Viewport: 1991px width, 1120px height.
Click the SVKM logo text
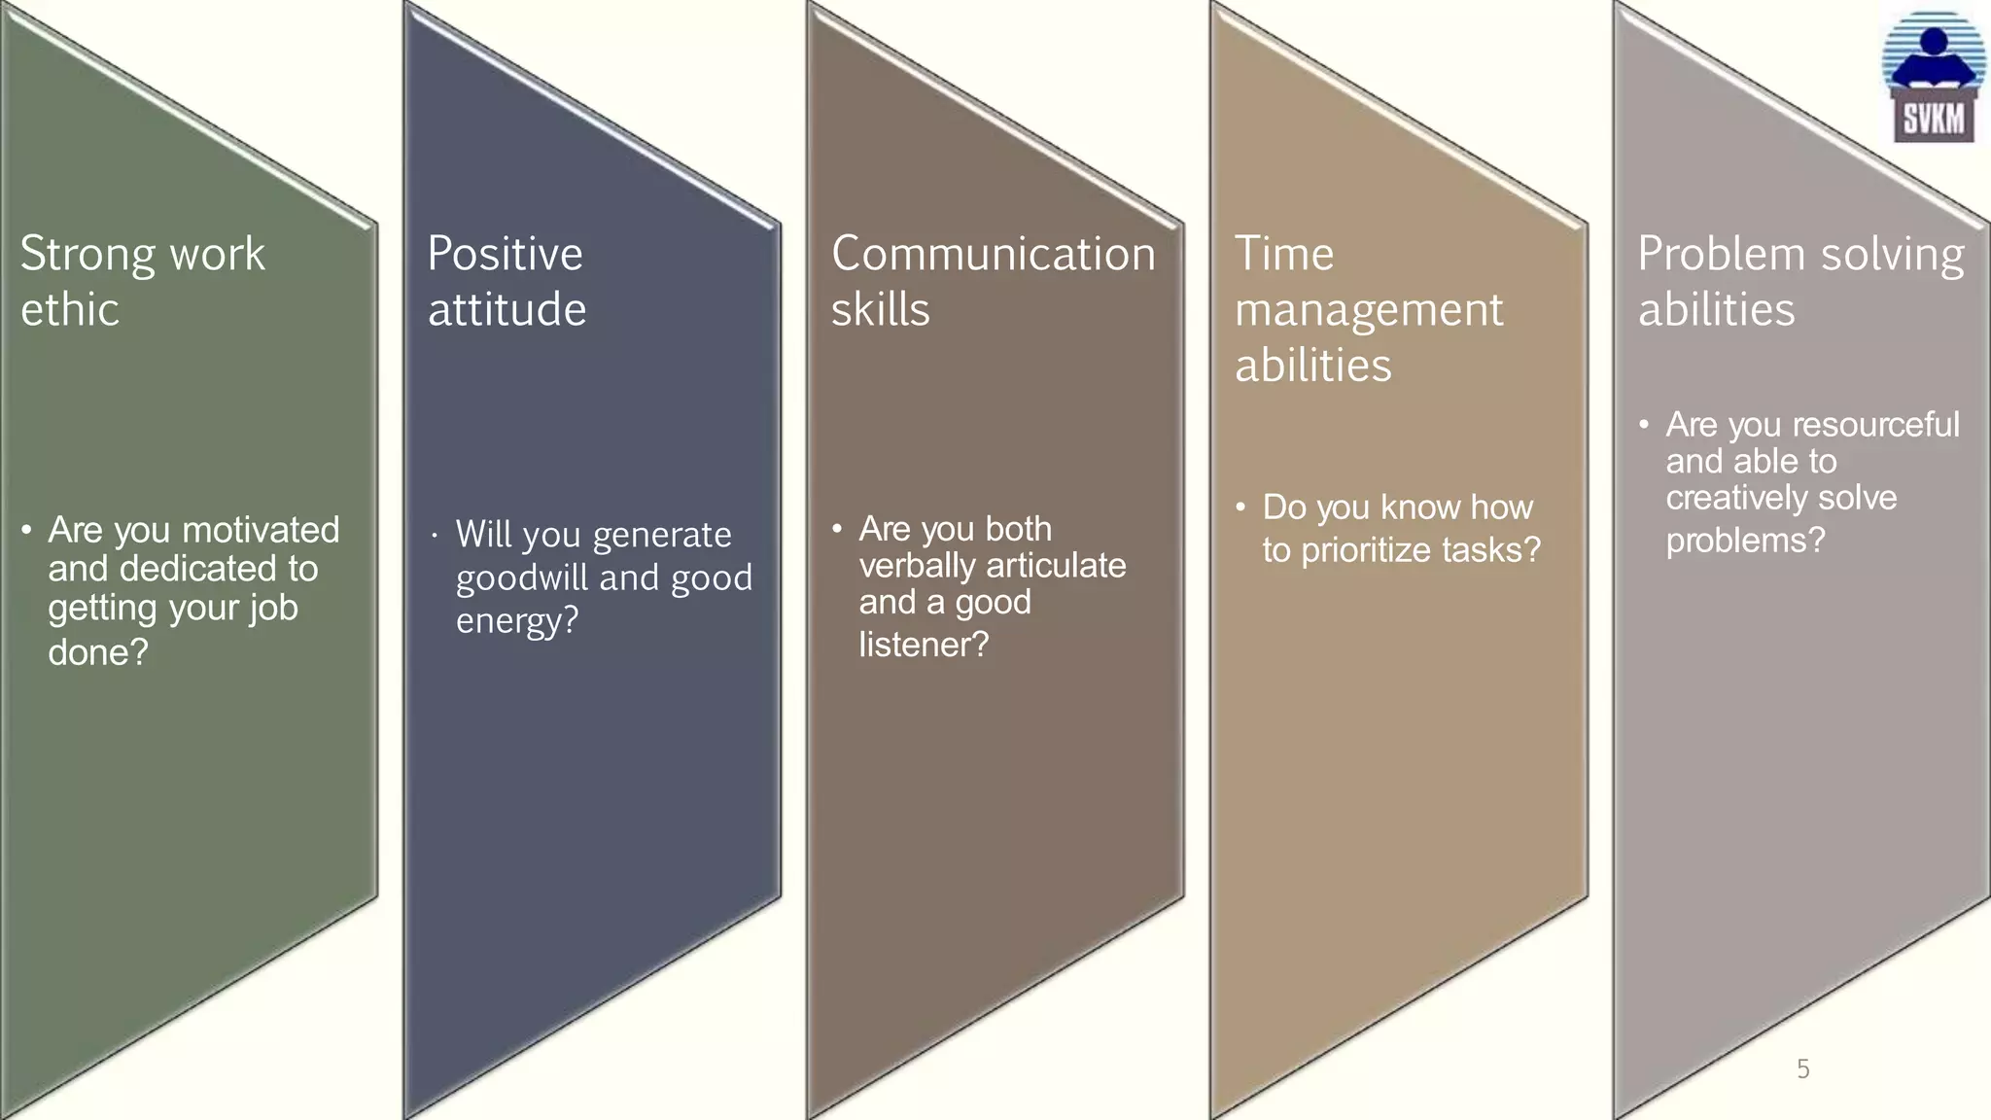click(x=1934, y=120)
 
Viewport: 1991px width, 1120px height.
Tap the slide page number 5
click(x=1803, y=1069)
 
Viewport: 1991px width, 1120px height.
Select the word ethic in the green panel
click(x=70, y=310)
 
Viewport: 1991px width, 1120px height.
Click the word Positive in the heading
click(x=505, y=255)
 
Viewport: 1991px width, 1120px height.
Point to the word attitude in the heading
click(x=506, y=310)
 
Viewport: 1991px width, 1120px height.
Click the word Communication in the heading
click(x=993, y=255)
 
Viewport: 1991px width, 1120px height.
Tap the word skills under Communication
click(x=880, y=310)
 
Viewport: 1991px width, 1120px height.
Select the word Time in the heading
click(x=1283, y=255)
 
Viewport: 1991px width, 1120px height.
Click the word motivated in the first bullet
click(x=262, y=530)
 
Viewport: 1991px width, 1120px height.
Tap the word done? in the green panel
click(x=98, y=652)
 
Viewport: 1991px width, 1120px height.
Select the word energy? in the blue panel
click(x=516, y=620)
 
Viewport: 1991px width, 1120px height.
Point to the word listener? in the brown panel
click(x=923, y=645)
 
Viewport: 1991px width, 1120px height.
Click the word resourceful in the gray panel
click(x=1875, y=425)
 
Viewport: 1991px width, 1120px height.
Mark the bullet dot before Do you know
click(x=1240, y=507)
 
